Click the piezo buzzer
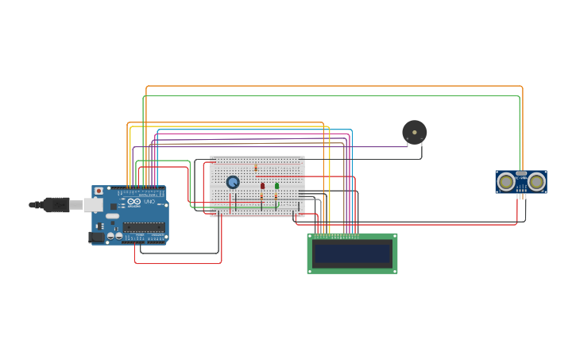414,132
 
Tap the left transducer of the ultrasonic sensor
505,182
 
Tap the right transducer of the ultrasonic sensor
537,182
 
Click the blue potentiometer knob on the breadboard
233,182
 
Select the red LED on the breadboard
262,186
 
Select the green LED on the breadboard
276,186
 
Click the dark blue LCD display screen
353,254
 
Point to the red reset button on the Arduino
99,191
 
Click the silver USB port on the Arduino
93,205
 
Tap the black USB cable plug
56,205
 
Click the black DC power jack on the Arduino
96,236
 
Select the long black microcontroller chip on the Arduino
144,227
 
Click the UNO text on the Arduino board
149,202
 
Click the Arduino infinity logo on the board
133,202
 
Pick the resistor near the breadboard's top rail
256,168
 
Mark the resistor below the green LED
276,197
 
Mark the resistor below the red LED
261,197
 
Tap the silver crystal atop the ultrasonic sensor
521,173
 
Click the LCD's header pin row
337,236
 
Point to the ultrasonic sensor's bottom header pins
521,195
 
